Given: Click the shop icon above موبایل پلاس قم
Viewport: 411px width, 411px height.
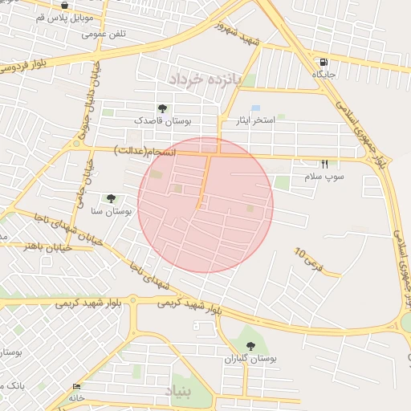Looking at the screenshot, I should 64,5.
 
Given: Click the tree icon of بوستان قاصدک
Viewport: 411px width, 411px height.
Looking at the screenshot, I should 163,108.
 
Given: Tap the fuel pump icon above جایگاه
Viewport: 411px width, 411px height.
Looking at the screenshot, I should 324,63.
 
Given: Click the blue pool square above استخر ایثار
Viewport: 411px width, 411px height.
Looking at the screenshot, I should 255,108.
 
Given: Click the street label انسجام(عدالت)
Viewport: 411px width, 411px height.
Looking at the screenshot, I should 145,150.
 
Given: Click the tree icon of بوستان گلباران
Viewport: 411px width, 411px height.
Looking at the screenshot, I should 251,347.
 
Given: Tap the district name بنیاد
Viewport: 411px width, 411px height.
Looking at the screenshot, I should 179,391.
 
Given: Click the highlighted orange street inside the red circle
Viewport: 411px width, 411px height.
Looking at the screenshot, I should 204,181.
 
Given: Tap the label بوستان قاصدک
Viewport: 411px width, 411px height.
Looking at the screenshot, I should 162,120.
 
